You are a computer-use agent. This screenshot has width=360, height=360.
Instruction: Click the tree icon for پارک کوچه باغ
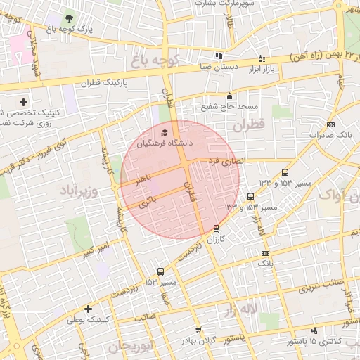(68, 18)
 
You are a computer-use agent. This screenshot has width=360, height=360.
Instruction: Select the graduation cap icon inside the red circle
(165, 131)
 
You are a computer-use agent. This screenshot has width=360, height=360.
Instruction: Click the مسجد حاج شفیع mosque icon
(229, 96)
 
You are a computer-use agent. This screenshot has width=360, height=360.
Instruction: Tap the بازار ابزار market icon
(262, 58)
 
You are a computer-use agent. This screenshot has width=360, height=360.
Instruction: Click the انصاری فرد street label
(224, 161)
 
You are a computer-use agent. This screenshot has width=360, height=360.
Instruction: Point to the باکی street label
(147, 202)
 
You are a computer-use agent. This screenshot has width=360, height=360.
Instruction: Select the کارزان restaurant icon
(216, 228)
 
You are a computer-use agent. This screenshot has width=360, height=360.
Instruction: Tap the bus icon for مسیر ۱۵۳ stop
(161, 271)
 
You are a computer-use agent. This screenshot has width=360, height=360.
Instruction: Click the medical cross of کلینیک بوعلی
(88, 309)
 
